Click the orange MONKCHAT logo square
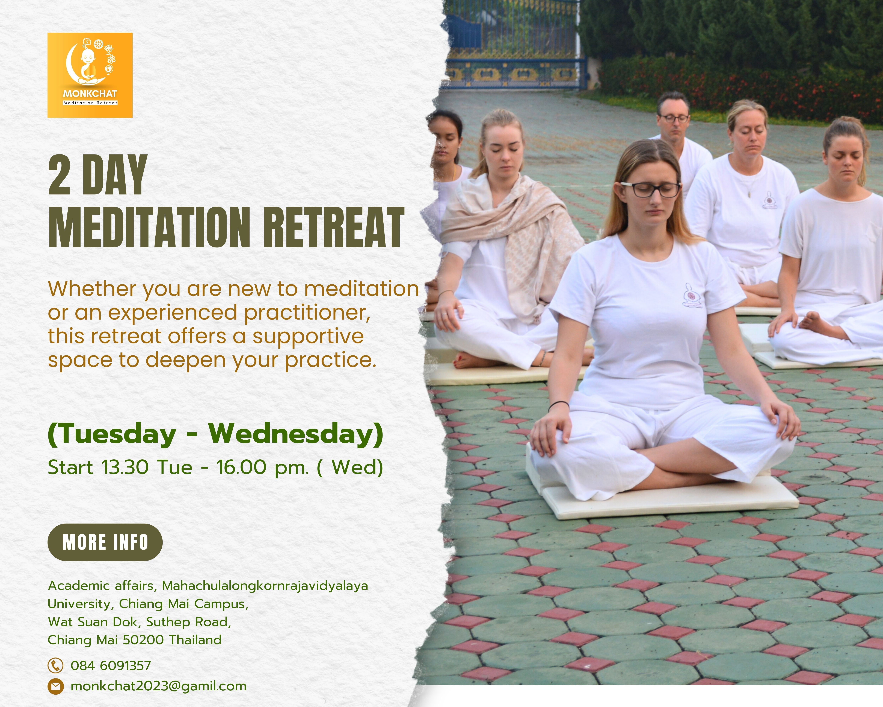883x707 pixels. [x=90, y=75]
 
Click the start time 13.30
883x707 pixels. [x=125, y=467]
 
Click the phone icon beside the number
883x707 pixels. [x=55, y=665]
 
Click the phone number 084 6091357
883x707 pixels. [x=111, y=665]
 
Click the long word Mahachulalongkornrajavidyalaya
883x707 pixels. [x=265, y=586]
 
